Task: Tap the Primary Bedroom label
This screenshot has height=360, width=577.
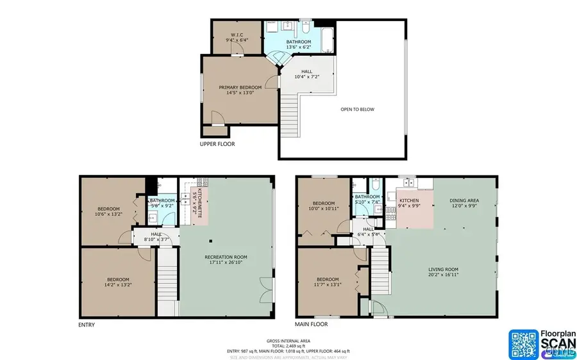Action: pyautogui.click(x=240, y=87)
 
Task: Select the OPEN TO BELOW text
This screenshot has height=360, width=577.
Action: pyautogui.click(x=357, y=110)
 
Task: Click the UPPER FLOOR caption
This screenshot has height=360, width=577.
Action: pyautogui.click(x=217, y=144)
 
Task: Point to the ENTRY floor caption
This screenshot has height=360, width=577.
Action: pyautogui.click(x=87, y=325)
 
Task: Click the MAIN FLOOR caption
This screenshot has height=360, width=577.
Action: pyautogui.click(x=312, y=325)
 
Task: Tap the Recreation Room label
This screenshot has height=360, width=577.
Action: pyautogui.click(x=226, y=257)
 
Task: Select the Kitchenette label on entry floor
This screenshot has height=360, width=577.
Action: pyautogui.click(x=199, y=204)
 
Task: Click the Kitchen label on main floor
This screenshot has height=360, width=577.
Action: pyautogui.click(x=408, y=200)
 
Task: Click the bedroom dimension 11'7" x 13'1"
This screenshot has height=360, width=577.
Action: pyautogui.click(x=328, y=285)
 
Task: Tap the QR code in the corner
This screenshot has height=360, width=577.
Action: pyautogui.click(x=524, y=344)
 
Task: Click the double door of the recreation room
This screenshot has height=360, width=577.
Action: pyautogui.click(x=264, y=290)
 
